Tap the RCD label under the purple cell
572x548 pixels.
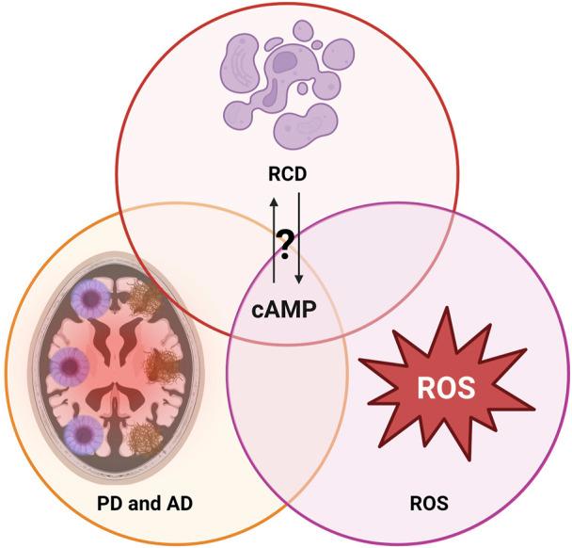(285, 175)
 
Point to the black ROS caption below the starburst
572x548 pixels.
(431, 504)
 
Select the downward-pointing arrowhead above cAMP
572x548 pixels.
(298, 280)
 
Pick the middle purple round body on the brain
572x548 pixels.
(80, 363)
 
